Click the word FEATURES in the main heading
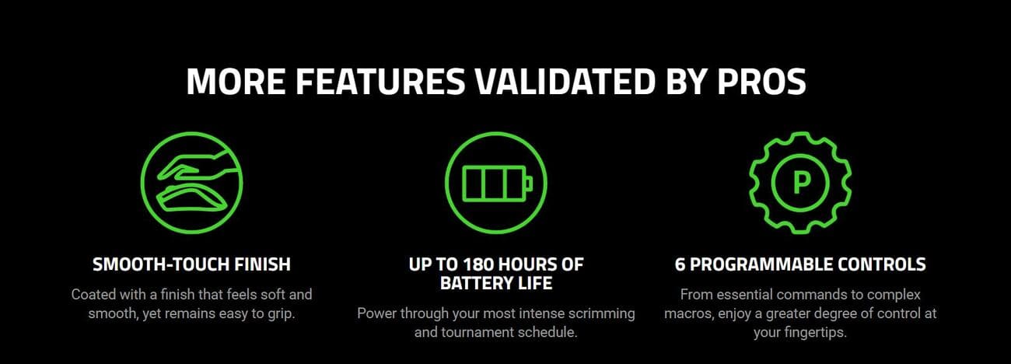(380, 82)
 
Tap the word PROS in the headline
(761, 82)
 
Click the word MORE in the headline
(236, 82)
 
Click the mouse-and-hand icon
(191, 183)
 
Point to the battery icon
(496, 183)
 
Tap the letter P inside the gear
(801, 184)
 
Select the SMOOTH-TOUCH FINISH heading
(191, 264)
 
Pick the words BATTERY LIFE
(496, 284)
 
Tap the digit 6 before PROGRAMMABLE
(680, 264)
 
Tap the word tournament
(477, 333)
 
